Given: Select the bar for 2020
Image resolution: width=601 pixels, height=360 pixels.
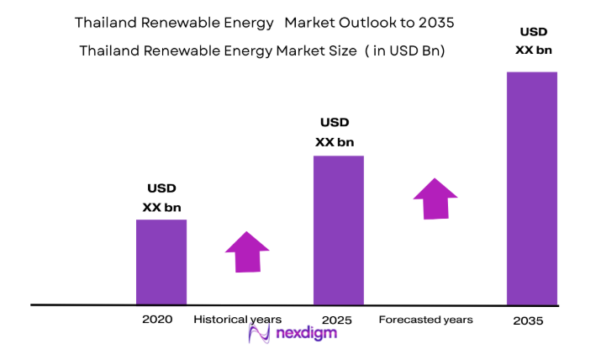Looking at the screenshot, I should coord(161,262).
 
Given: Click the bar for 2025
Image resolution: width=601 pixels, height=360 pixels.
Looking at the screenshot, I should coord(339,230).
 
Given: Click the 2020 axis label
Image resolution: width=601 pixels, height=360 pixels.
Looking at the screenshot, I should coord(157,320).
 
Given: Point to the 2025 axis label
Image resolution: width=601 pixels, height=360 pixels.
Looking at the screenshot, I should coord(336,320).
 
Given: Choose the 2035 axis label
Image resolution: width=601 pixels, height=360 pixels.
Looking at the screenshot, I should coord(528,321).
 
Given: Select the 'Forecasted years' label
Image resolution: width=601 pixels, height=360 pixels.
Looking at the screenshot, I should coord(425,320).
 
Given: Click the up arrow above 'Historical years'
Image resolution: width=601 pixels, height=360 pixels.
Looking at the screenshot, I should coord(247,251).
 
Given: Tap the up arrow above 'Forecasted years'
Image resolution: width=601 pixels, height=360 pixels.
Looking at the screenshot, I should coord(435,199).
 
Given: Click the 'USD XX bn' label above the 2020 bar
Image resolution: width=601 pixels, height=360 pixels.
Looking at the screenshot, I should coord(161,198).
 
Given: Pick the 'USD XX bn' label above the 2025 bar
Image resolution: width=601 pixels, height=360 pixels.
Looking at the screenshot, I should coord(334,132).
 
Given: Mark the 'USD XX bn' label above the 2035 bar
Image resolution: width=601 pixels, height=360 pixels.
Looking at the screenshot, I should coord(534,41).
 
